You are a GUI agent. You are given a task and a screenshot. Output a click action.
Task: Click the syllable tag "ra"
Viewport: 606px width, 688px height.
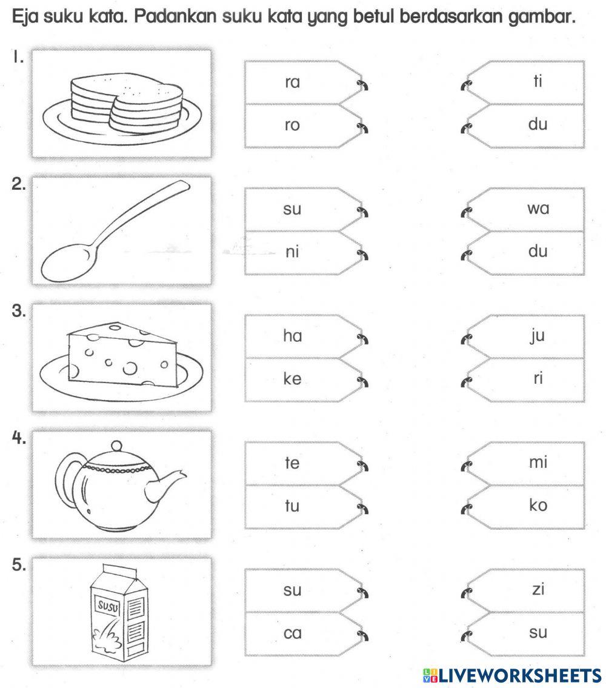292,82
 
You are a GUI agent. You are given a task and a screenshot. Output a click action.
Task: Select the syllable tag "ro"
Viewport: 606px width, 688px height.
292,126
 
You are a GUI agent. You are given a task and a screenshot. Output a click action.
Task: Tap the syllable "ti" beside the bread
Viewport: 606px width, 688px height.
537,81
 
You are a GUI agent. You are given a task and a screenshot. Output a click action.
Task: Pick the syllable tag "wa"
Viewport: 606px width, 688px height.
537,209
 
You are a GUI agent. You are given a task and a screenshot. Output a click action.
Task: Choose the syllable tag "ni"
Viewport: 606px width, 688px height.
292,253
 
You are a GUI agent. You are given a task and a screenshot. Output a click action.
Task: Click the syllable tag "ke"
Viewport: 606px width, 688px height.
292,379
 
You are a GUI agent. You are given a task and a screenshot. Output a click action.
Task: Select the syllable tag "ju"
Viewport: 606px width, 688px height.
537,336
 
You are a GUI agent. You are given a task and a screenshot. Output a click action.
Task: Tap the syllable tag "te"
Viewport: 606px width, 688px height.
292,463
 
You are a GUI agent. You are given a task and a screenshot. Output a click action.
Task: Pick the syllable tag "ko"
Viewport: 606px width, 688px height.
537,506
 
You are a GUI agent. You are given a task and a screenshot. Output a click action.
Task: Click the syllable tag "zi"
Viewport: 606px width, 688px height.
537,589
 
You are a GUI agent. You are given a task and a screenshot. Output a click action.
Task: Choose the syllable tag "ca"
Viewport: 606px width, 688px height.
292,633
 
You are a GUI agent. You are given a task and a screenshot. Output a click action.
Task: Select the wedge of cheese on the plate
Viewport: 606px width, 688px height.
121,355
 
